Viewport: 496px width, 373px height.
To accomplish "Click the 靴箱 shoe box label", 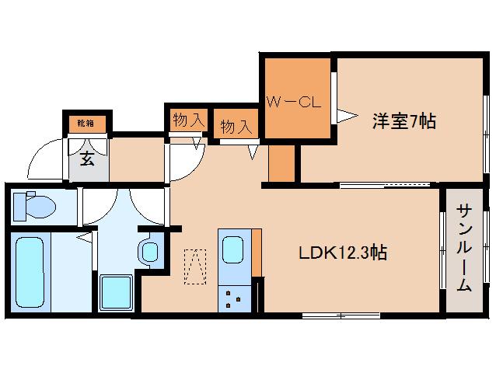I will click(x=86, y=123).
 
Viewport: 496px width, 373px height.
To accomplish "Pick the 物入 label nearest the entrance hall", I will click(x=187, y=120).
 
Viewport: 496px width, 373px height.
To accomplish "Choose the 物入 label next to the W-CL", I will click(x=236, y=127).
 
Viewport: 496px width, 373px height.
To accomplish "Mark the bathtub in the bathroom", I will click(x=32, y=270).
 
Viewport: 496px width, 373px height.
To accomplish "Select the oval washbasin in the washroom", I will click(x=149, y=251).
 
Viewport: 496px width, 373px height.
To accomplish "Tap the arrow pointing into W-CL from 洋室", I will click(x=346, y=117).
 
